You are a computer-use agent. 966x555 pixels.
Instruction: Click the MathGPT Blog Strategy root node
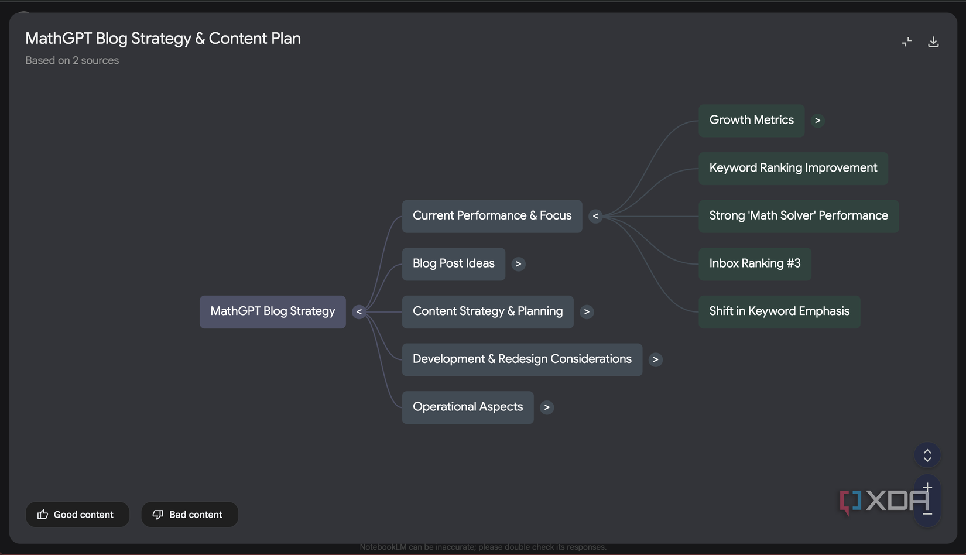coord(273,311)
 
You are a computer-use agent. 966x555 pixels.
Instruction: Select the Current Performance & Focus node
coord(492,216)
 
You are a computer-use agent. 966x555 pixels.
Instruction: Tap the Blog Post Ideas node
coord(454,264)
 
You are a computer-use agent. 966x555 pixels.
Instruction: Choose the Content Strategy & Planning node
coord(488,311)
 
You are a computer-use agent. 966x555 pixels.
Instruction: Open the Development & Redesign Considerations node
coord(522,359)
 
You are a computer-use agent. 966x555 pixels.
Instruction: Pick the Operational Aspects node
coord(468,407)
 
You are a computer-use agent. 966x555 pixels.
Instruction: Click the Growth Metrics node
coord(752,121)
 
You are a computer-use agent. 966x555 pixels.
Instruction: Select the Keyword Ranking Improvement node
coord(793,168)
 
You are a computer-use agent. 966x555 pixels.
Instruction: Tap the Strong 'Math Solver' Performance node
coord(799,216)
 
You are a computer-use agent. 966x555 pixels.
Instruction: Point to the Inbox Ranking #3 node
coord(755,264)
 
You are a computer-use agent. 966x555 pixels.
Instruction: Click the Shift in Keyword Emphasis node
coord(780,311)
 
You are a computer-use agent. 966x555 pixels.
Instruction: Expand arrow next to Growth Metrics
coord(818,121)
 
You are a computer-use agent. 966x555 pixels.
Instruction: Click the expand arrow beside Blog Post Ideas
coord(518,264)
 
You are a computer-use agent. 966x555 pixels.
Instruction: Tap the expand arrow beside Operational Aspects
coord(547,407)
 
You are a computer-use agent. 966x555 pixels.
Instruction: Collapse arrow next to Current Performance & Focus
coord(595,216)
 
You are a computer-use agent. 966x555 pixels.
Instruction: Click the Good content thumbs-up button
coord(78,514)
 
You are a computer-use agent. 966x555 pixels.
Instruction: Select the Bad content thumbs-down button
coord(190,514)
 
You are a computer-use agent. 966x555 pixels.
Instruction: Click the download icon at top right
coord(933,42)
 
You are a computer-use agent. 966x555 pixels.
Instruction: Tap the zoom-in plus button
coord(927,487)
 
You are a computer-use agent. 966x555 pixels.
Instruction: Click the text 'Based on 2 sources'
coord(72,60)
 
